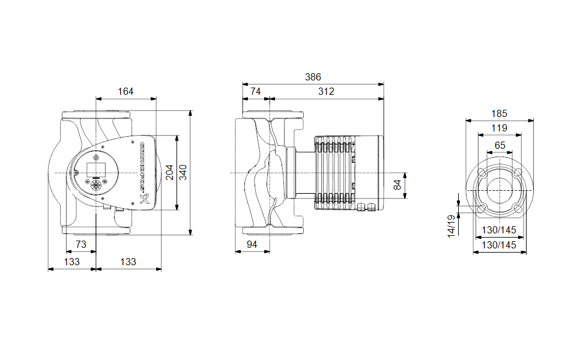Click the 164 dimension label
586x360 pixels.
[125, 92]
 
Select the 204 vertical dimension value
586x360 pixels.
[170, 172]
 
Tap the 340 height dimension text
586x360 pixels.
[183, 172]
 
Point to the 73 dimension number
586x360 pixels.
[80, 244]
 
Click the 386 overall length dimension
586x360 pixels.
[313, 77]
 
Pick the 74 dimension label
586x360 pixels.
[256, 92]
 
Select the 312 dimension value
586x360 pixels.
[327, 92]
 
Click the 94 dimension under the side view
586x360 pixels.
[253, 244]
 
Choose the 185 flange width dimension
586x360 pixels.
[500, 113]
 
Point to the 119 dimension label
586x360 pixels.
[500, 128]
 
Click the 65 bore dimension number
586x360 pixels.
[500, 145]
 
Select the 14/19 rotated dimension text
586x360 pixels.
[452, 226]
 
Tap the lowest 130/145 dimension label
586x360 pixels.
[500, 245]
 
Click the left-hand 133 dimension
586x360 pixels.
[72, 262]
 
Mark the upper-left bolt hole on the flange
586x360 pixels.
[482, 173]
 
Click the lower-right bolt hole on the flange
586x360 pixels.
[518, 209]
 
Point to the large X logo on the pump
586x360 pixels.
[145, 199]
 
